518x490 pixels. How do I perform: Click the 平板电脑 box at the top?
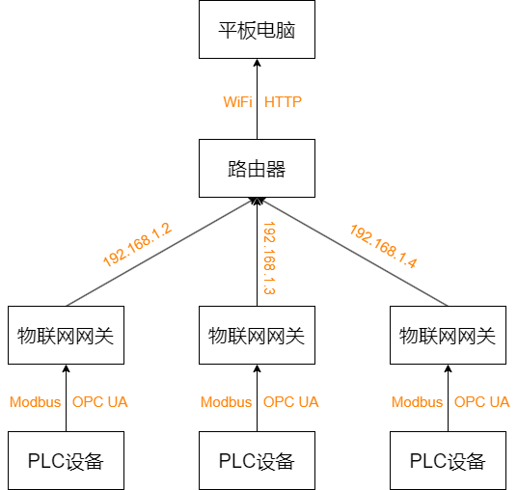pos(257,30)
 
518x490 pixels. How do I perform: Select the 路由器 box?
pos(257,169)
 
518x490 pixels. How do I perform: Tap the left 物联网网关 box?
pos(66,335)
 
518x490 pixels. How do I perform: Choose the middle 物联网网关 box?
pos(257,335)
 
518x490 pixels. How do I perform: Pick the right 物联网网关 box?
pos(448,335)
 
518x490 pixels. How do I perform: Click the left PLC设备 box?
pos(66,460)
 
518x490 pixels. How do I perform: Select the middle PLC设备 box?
pos(257,460)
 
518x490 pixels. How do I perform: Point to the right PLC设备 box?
pos(448,460)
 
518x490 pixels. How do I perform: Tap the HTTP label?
pos(284,101)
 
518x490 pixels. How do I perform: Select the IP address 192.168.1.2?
pos(136,244)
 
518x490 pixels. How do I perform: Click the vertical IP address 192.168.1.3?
pos(270,258)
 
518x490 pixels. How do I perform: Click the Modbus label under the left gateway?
pos(36,402)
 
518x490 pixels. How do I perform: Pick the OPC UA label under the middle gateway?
pos(290,402)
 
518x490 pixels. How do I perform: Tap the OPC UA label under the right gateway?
pos(481,402)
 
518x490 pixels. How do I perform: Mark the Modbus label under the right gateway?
pos(418,402)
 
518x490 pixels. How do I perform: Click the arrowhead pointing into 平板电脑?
pos(257,65)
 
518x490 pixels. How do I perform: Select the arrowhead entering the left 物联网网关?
pos(66,369)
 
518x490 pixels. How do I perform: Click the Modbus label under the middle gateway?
pos(227,402)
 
